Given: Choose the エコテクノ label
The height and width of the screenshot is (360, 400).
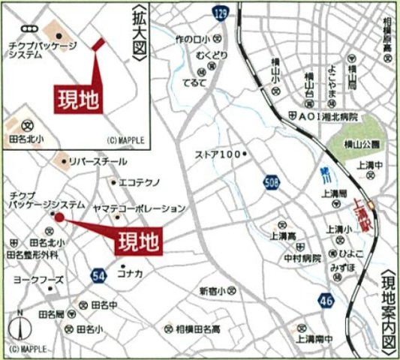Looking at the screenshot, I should tap(137, 181).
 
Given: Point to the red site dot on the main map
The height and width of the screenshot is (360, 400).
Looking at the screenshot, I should tap(56, 217).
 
